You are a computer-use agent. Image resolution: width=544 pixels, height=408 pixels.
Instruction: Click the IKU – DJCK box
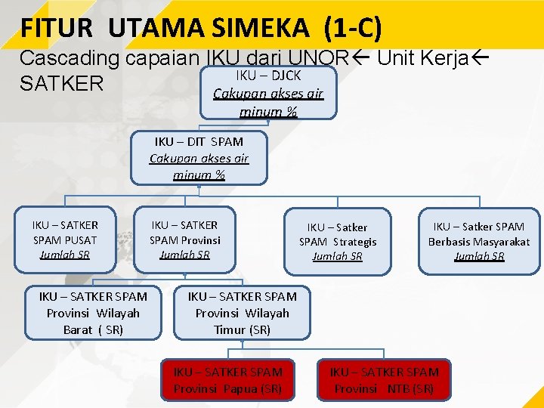tap(268, 93)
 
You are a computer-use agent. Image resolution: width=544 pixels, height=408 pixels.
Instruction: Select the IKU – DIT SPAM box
tap(199, 158)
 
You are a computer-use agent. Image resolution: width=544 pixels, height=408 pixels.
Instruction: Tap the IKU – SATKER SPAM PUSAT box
tap(65, 240)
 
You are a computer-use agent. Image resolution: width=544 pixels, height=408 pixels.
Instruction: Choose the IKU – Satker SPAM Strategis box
tap(338, 241)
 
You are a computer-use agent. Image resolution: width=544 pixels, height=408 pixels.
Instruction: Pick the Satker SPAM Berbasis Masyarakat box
tap(479, 241)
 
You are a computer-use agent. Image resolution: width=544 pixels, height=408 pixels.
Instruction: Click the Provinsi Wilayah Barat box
tap(93, 313)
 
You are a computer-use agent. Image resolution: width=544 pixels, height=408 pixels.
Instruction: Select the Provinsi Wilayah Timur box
tap(242, 313)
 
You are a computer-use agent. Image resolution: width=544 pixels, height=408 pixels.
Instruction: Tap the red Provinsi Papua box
tap(227, 380)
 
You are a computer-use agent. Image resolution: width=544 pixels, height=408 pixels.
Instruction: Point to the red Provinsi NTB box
tap(384, 380)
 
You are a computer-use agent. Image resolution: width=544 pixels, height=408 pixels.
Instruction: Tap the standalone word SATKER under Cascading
tap(61, 83)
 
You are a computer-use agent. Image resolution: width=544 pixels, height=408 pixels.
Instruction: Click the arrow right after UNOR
tap(366, 58)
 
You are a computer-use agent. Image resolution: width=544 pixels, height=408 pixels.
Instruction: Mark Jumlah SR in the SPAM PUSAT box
tap(65, 255)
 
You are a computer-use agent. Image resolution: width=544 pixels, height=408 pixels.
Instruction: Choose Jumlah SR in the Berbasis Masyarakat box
tap(479, 256)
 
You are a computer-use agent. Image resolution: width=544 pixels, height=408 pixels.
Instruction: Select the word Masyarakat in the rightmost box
tap(501, 242)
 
